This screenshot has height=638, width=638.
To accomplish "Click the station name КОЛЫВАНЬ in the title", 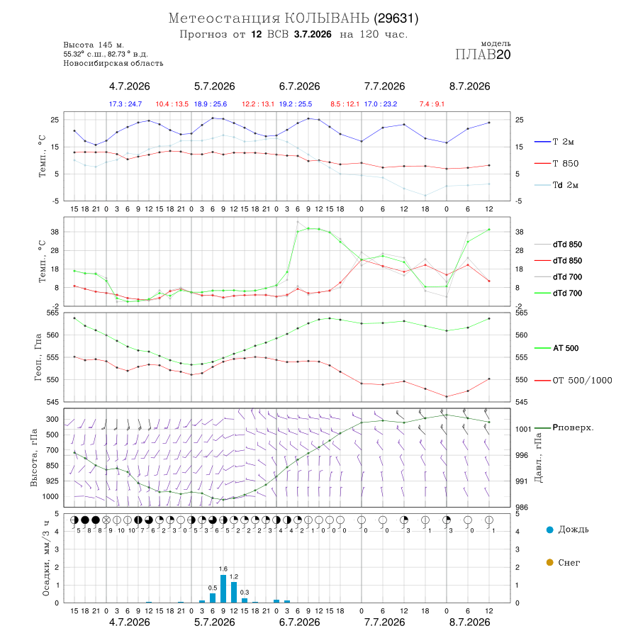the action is click(327, 18).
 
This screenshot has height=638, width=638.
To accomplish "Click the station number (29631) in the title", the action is click(396, 18).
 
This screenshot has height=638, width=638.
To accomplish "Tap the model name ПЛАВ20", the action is click(483, 55).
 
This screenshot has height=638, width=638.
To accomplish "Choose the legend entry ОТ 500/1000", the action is click(573, 381).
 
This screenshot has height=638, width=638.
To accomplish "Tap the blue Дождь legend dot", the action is click(549, 530).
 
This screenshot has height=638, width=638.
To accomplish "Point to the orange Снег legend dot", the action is click(549, 562).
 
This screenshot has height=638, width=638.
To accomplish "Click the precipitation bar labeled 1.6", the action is click(223, 588).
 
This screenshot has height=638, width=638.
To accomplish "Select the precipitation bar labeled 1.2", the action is click(234, 592).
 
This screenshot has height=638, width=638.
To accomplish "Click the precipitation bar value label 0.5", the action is click(213, 588).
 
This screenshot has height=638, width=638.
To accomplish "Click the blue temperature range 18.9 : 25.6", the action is click(211, 104).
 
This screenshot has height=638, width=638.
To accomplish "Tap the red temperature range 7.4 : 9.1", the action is click(432, 104).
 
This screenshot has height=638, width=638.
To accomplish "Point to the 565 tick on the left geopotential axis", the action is click(53, 313).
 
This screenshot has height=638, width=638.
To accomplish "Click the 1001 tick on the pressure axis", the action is click(523, 430).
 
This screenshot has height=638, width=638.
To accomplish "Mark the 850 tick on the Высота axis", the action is click(52, 466).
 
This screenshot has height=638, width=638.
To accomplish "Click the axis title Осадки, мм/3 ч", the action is click(46, 559).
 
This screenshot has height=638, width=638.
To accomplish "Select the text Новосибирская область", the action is click(113, 64).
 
